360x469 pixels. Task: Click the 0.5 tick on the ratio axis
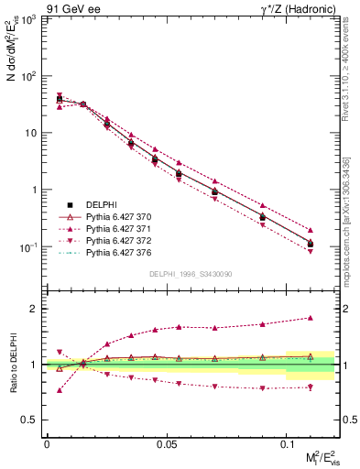pyautogui.click(x=30, y=420)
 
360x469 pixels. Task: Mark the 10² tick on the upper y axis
pyautogui.click(x=25, y=76)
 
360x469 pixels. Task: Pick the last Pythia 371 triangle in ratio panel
pyautogui.click(x=311, y=318)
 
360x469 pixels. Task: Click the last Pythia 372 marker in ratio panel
pyautogui.click(x=311, y=386)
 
